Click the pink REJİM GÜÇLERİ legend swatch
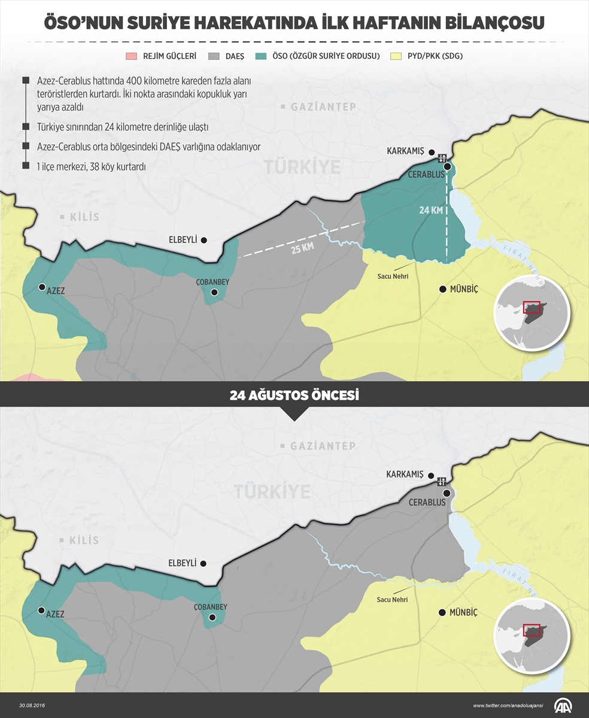[x=131, y=56]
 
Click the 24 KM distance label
[x=430, y=210]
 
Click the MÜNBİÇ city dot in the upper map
[x=442, y=289]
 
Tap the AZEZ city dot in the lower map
[x=41, y=610]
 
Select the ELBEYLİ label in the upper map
[x=183, y=239]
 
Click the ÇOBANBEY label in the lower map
[x=210, y=607]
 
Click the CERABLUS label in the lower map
[x=427, y=503]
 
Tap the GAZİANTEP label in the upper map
[x=323, y=107]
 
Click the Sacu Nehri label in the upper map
[x=392, y=276]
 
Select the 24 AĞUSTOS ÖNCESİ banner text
[x=294, y=395]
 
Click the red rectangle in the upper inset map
[x=532, y=307]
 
